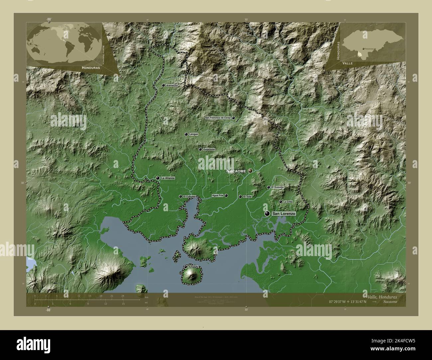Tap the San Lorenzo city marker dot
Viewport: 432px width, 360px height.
267,214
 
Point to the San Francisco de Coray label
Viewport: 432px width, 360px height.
218,118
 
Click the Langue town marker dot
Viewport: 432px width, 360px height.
186,134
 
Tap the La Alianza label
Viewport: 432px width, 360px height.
167,178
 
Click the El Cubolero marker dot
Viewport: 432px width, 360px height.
180,197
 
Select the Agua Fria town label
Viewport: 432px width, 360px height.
217,196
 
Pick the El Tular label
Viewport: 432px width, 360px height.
248,197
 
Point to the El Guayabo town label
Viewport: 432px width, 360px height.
277,187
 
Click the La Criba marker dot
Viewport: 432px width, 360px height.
280,202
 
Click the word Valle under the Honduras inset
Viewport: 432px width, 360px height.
349,62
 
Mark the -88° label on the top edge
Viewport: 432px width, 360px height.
49,20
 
